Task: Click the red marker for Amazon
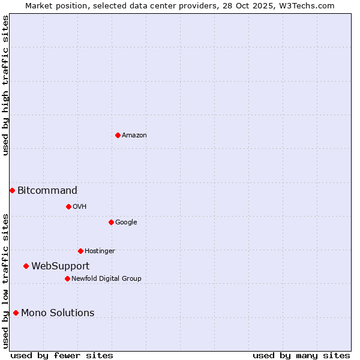(118, 135)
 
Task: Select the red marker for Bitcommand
(12, 190)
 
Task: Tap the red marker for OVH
(68, 206)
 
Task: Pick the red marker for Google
(111, 222)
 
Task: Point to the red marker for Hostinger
(80, 251)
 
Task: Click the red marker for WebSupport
(26, 266)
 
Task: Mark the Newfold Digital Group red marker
(67, 278)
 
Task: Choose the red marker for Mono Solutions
(16, 313)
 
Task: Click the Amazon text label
(134, 136)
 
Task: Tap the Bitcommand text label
(47, 191)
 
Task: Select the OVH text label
(80, 207)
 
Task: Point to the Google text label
(126, 223)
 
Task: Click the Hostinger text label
(100, 251)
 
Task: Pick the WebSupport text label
(61, 266)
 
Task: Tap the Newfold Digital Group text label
(106, 279)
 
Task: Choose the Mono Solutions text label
(58, 313)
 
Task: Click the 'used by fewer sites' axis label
(62, 355)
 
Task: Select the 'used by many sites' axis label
(301, 355)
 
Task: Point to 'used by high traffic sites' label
(6, 85)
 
